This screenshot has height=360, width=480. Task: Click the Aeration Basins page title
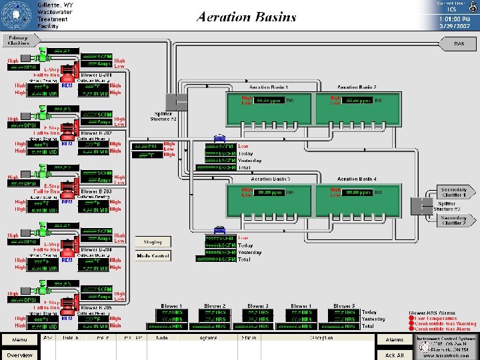pyautogui.click(x=247, y=17)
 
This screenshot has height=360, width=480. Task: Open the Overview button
pyautogui.click(x=19, y=355)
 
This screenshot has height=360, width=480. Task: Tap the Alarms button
pyautogui.click(x=395, y=339)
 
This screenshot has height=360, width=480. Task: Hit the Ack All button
pyautogui.click(x=395, y=355)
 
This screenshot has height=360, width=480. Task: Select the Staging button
pyautogui.click(x=153, y=242)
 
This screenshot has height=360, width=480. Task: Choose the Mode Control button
pyautogui.click(x=153, y=255)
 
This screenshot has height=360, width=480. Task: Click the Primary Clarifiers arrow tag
pyautogui.click(x=19, y=40)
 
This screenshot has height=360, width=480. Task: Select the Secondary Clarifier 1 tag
pyautogui.click(x=453, y=191)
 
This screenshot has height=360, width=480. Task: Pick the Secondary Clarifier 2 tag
pyautogui.click(x=453, y=220)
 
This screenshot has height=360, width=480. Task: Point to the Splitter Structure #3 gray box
pyautogui.click(x=422, y=206)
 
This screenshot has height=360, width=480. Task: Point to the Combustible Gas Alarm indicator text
pyautogui.click(x=444, y=329)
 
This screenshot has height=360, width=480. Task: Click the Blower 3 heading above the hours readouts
pyautogui.click(x=258, y=306)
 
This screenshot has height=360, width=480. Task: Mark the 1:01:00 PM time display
pyautogui.click(x=451, y=19)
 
